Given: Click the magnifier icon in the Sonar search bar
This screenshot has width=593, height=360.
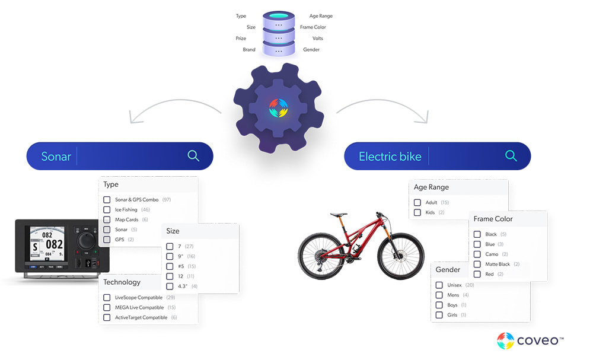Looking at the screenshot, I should [x=193, y=156].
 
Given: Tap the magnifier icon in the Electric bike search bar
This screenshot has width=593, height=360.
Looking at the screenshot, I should [x=511, y=156].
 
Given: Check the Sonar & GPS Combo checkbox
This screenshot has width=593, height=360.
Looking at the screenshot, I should [x=107, y=200].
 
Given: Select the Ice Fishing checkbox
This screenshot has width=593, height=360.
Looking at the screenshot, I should [x=107, y=210].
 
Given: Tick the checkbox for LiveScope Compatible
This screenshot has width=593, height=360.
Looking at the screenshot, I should [x=107, y=298].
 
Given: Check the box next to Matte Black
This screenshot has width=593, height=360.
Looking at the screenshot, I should [x=477, y=264].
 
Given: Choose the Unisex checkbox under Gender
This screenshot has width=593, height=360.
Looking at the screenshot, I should [x=439, y=285].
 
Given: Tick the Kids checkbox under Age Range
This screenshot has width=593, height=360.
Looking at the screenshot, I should [x=418, y=212].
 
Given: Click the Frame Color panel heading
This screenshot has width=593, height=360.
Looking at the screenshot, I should [x=493, y=219].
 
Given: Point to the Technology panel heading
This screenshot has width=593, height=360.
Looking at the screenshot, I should [x=122, y=282].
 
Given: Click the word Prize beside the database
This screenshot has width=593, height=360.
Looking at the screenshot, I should [x=241, y=39].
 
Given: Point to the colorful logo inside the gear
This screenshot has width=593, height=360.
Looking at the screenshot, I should [x=278, y=109].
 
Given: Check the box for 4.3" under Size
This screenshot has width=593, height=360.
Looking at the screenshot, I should [x=170, y=286].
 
